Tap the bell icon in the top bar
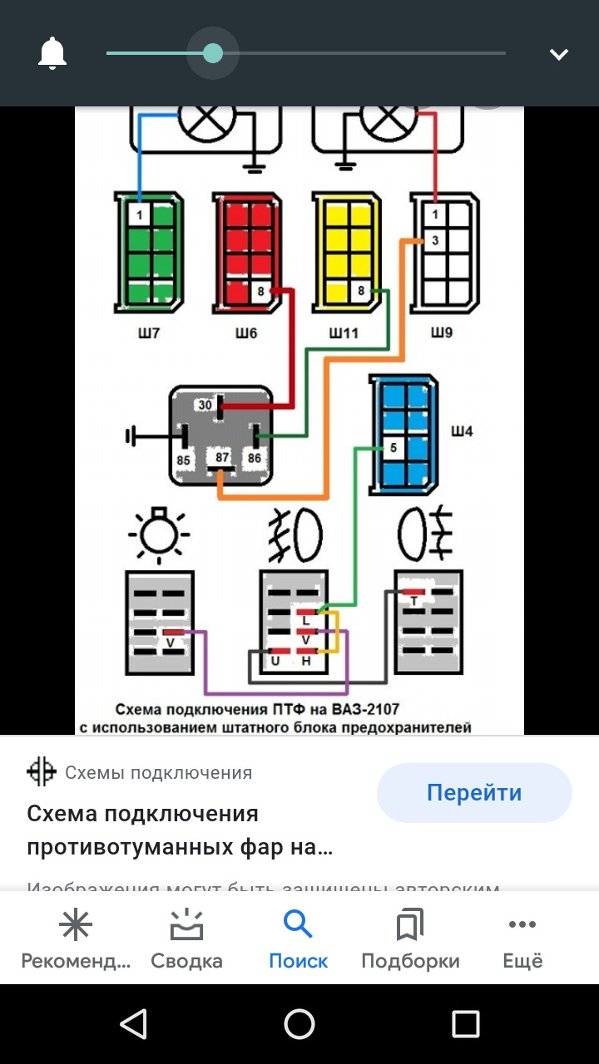point(52,54)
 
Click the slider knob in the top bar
point(213,53)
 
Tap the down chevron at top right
point(558,55)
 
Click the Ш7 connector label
point(149,333)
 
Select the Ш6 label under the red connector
point(246,333)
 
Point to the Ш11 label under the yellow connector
point(344,333)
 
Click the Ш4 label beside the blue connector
point(462,431)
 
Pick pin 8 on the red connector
point(260,292)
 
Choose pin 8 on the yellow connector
point(360,292)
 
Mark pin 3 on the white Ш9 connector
point(435,241)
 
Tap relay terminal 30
point(205,406)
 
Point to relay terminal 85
point(184,458)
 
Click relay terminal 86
point(254,458)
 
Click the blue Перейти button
point(474,793)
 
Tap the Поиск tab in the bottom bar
point(298,938)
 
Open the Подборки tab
point(410,938)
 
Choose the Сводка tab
point(186,938)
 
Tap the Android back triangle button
point(134,1023)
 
